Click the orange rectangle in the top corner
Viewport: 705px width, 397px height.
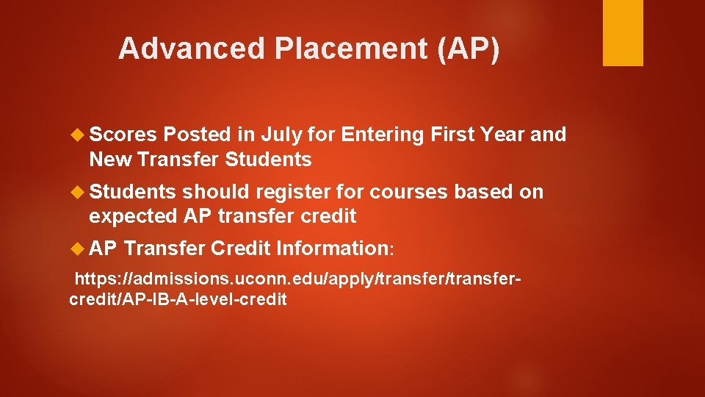coord(623,32)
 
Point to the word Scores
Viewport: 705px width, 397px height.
coord(123,135)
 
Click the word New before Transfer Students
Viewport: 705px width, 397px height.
coord(109,159)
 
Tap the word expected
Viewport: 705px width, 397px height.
coord(131,216)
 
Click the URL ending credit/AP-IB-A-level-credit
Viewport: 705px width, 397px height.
coord(177,299)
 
